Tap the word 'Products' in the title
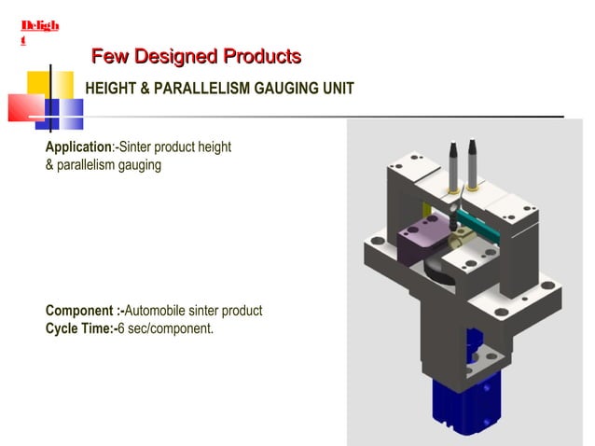261,57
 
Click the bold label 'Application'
78,147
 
